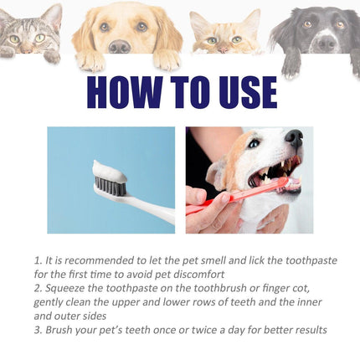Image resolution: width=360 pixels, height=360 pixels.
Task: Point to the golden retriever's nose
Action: point(120,46)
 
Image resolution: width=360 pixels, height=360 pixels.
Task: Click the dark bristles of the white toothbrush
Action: point(110,184)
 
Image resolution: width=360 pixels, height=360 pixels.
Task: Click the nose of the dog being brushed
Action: point(294,138)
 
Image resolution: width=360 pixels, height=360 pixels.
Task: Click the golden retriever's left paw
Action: point(93,62)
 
